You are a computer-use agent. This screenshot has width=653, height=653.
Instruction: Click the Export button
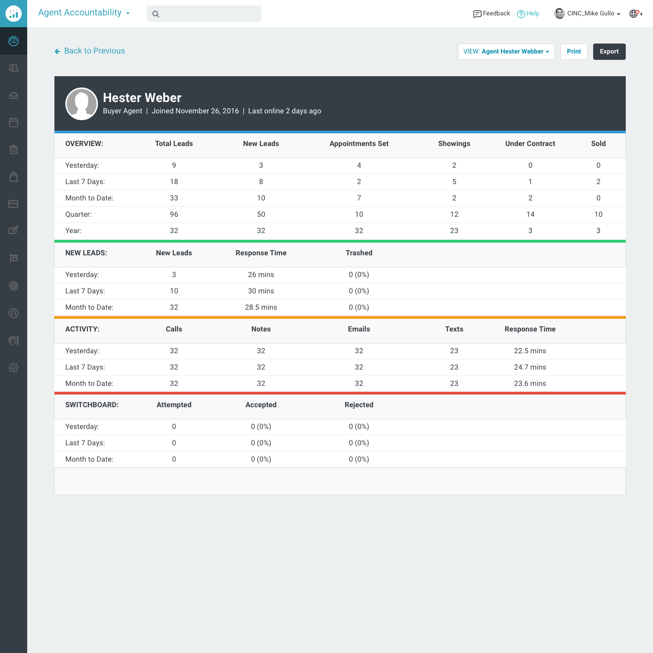[609, 52]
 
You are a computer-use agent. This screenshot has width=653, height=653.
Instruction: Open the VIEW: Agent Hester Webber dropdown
[506, 52]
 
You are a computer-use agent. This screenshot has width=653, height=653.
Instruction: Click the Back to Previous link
[90, 51]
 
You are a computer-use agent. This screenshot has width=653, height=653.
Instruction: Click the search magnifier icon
[156, 14]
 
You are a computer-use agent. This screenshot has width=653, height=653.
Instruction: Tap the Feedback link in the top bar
[492, 14]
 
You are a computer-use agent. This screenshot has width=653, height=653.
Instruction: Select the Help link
[528, 14]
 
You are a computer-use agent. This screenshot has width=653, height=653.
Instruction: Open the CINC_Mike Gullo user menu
[587, 14]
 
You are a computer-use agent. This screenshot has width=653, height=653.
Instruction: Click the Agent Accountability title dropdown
[84, 13]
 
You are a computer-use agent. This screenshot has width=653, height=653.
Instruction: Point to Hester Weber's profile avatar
[81, 104]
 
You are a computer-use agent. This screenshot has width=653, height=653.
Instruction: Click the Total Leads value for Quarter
[174, 214]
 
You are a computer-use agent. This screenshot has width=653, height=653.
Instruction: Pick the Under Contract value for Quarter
[530, 214]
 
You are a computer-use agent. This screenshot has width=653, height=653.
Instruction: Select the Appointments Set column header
[359, 144]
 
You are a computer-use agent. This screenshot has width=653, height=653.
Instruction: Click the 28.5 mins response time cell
[261, 307]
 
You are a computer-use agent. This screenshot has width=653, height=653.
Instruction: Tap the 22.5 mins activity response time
[530, 351]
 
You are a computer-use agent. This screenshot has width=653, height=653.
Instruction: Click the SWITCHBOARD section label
[92, 404]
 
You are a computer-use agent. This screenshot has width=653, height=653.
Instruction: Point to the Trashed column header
[359, 253]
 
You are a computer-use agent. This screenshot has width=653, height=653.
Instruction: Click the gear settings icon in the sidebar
[14, 367]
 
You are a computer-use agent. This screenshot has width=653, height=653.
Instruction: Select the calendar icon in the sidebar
[14, 122]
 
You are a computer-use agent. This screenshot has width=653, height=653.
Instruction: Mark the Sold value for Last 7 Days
[598, 182]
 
